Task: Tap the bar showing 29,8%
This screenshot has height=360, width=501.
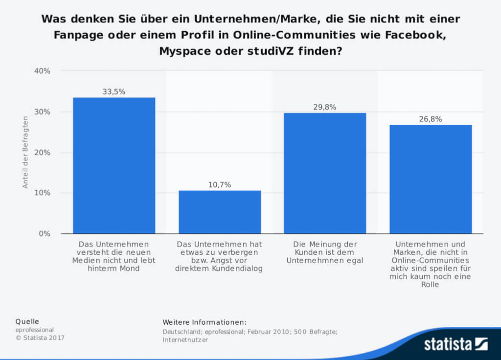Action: [325, 173]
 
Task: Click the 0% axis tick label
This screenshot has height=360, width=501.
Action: [44, 233]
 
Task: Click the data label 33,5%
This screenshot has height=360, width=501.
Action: [114, 91]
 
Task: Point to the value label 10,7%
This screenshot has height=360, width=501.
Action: [220, 184]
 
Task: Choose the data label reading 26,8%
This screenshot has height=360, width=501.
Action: [431, 119]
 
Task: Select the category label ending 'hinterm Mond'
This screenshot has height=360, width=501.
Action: [114, 256]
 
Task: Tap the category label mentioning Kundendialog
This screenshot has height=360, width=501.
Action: [220, 256]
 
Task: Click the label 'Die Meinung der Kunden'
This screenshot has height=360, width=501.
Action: [325, 252]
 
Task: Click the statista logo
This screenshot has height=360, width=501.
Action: [455, 344]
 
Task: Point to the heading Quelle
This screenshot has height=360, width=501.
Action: [27, 321]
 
